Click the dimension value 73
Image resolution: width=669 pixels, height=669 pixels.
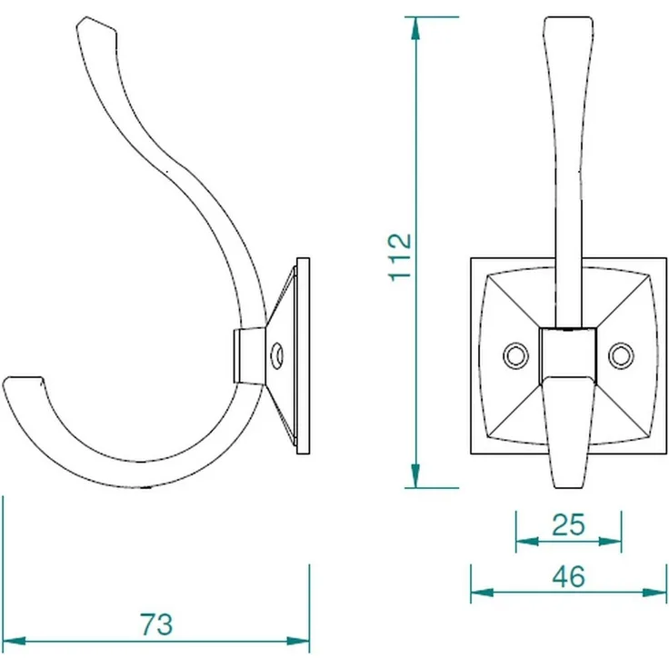point(156,624)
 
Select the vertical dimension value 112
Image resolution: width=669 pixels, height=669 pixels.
point(400,257)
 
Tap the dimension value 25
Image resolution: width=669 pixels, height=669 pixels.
point(568,524)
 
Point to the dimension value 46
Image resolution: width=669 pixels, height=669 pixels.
point(569,577)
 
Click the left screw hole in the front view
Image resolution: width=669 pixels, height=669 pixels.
point(515,355)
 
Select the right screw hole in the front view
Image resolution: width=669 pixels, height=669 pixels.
point(621,355)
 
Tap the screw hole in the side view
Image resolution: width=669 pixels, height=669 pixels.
point(277,355)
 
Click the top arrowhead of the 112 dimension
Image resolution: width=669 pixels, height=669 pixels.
point(415,28)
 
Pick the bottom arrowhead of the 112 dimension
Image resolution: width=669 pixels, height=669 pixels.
point(415,475)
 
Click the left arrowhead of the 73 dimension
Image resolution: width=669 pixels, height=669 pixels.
point(14,641)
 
